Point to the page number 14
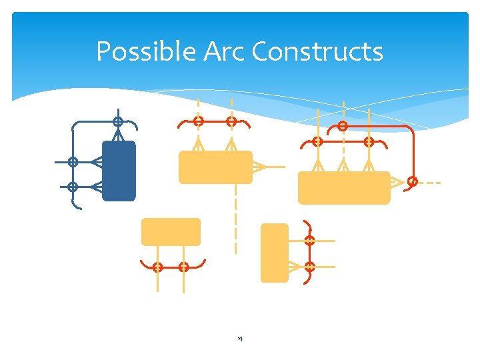[240, 339]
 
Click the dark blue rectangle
[119, 171]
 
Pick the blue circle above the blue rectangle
[117, 122]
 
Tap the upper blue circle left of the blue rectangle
[73, 162]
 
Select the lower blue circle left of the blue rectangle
[73, 187]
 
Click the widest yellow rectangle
[344, 187]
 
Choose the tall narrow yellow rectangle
[274, 253]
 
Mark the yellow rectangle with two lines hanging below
[171, 232]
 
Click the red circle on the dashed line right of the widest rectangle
[413, 181]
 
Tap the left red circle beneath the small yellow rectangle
[157, 267]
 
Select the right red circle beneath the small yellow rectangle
[183, 267]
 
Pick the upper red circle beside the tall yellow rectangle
[309, 241]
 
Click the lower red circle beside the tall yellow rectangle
[309, 267]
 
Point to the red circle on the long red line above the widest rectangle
[343, 126]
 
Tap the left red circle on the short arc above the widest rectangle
[317, 142]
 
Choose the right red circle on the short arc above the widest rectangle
[368, 142]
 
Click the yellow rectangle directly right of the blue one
[215, 167]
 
